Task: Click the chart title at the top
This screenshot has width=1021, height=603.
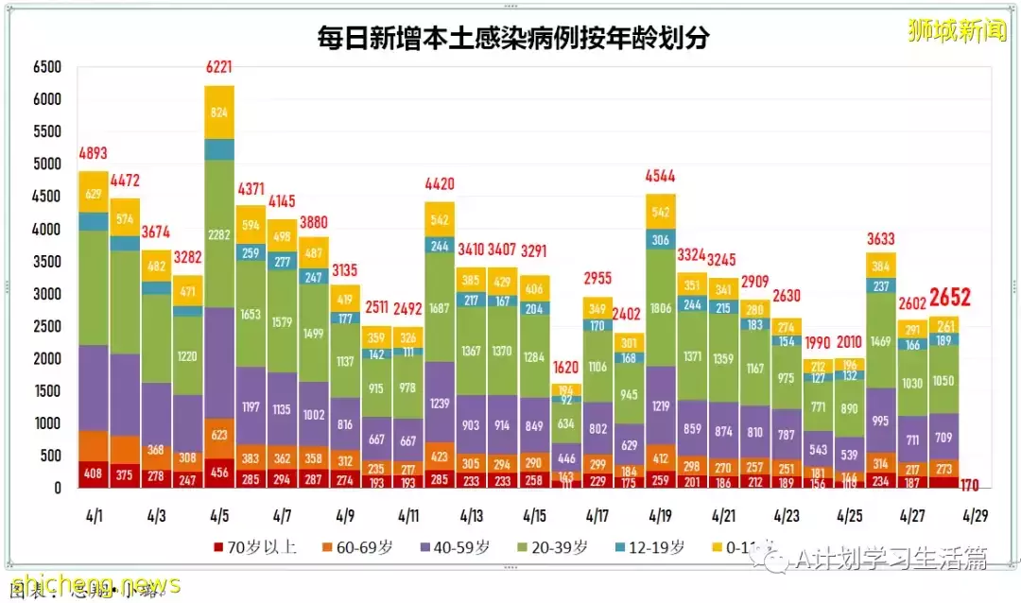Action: pyautogui.click(x=513, y=37)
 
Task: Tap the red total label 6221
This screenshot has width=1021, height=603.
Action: pyautogui.click(x=219, y=68)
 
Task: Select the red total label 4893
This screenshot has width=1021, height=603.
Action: pyautogui.click(x=95, y=154)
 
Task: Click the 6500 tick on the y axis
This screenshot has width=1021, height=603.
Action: pyautogui.click(x=47, y=68)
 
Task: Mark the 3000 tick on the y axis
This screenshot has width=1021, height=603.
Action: pyautogui.click(x=47, y=294)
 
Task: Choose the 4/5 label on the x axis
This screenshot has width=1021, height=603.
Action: pyautogui.click(x=219, y=516)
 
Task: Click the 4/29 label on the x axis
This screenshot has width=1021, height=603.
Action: pyautogui.click(x=974, y=516)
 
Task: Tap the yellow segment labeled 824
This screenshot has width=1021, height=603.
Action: pyautogui.click(x=219, y=112)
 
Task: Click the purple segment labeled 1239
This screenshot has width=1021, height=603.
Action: pyautogui.click(x=440, y=402)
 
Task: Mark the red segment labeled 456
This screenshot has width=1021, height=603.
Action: pyautogui.click(x=219, y=473)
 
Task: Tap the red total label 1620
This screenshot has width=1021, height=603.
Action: pyautogui.click(x=565, y=368)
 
